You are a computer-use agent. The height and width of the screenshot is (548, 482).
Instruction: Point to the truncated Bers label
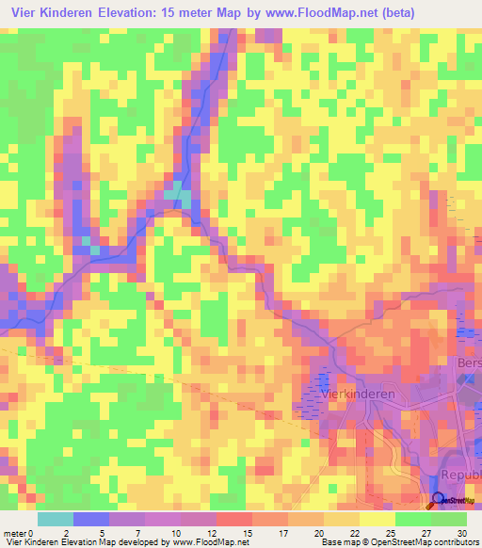point(468,363)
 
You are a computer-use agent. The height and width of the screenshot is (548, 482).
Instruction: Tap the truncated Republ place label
point(461,477)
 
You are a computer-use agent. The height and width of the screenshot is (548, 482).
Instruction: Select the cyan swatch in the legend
point(55,519)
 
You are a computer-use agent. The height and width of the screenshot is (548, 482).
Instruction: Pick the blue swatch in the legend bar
point(90,519)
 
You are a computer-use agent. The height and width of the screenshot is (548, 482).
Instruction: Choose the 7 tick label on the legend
point(137,533)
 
